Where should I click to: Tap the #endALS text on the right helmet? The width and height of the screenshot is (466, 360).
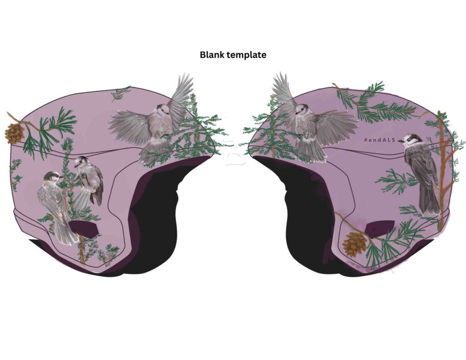(x=380, y=139)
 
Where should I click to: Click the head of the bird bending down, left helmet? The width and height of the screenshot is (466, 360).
(x=80, y=162)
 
